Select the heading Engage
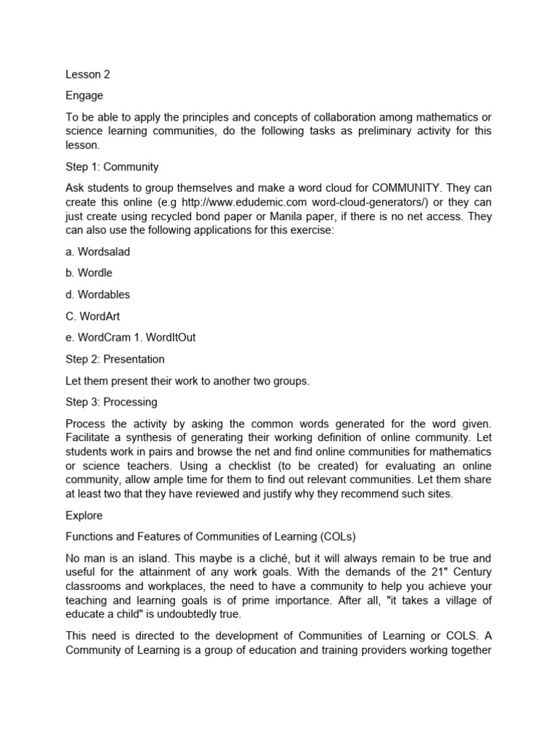pos(84,96)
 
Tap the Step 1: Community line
pos(112,167)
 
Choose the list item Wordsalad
pos(97,251)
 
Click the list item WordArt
pos(94,316)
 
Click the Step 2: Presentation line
pos(115,359)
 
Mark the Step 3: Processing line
pos(111,402)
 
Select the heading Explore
pos(84,515)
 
